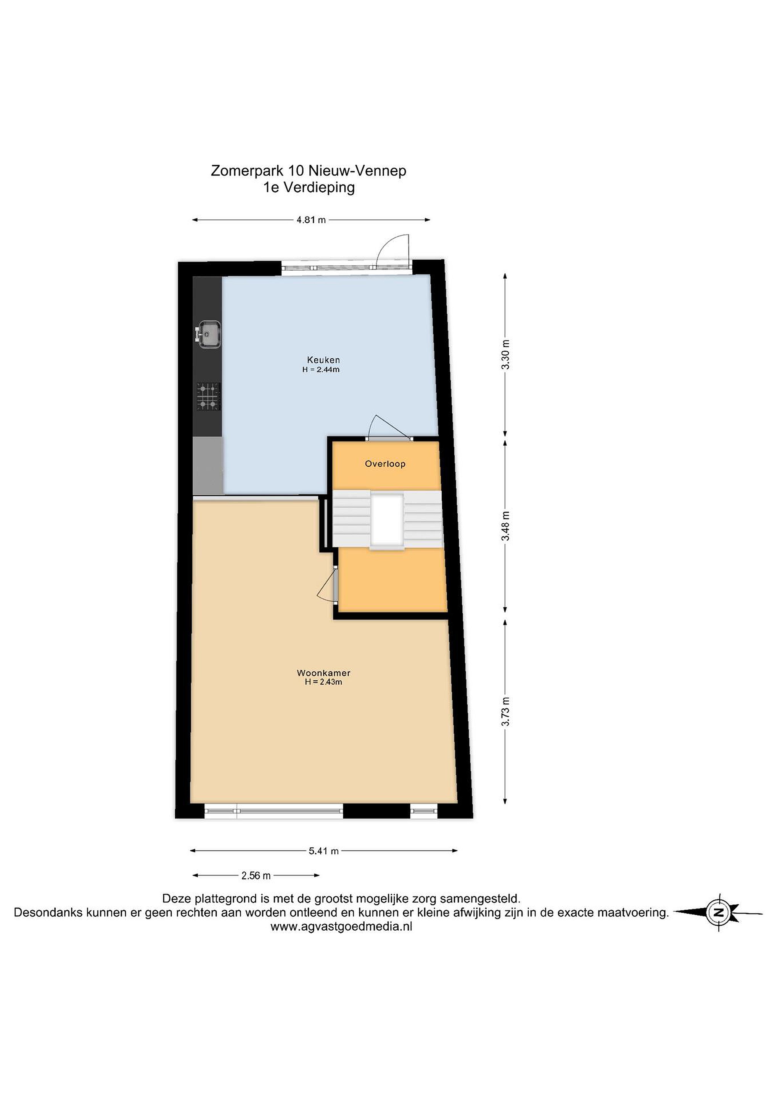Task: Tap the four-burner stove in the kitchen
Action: pyautogui.click(x=209, y=397)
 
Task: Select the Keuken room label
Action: pyautogui.click(x=323, y=360)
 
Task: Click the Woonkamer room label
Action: pyautogui.click(x=323, y=673)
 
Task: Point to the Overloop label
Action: pyautogui.click(x=385, y=463)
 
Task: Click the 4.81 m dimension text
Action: pyautogui.click(x=311, y=220)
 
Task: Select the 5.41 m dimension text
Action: pyautogui.click(x=324, y=851)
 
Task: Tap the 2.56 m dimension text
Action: pyautogui.click(x=256, y=876)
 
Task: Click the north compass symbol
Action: pyautogui.click(x=718, y=912)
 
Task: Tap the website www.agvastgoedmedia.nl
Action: pyautogui.click(x=341, y=926)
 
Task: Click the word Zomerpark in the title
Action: pyautogui.click(x=247, y=171)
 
